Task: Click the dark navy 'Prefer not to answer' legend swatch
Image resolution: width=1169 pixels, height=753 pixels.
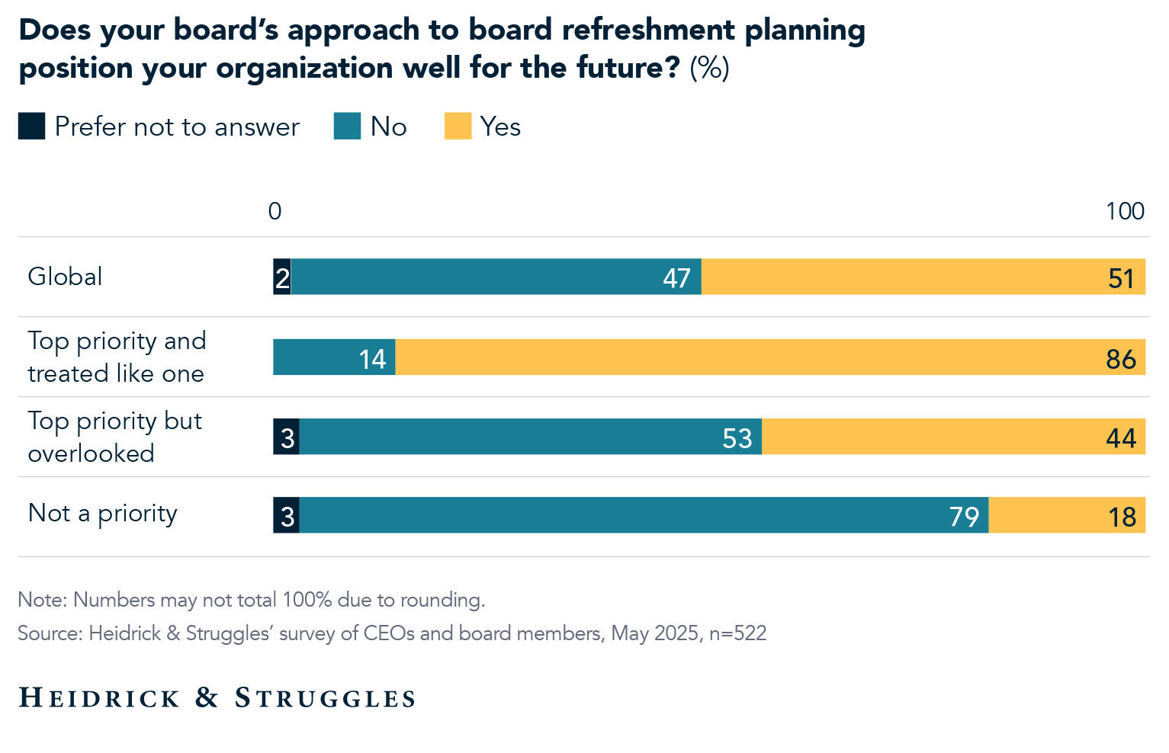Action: point(31,127)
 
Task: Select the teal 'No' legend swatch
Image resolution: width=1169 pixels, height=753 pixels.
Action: point(347,127)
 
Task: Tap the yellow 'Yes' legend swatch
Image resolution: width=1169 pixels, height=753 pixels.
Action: point(458,127)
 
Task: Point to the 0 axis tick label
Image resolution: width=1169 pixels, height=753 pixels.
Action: point(275,211)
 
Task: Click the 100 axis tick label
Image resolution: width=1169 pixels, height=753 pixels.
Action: point(1125,211)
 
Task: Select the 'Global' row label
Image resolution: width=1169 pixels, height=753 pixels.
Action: point(65,277)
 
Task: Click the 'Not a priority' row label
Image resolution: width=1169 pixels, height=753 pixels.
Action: point(102,514)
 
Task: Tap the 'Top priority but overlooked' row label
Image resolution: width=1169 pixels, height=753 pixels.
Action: point(114,437)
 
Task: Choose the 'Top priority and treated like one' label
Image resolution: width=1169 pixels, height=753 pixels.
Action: point(117,357)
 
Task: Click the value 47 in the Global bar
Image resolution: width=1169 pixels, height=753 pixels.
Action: point(676,278)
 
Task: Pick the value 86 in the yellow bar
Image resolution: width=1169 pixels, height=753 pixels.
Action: point(1121,359)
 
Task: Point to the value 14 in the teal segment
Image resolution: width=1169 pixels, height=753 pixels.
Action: point(372,359)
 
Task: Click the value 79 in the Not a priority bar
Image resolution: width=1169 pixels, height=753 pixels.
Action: point(964,517)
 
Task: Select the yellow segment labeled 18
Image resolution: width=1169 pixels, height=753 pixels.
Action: point(1067,515)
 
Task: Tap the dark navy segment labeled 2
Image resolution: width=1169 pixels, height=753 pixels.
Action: point(282,277)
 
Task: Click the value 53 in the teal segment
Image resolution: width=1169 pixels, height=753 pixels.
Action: point(737,438)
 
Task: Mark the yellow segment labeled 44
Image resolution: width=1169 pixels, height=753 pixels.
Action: point(953,437)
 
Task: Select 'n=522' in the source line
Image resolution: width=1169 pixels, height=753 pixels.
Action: point(737,633)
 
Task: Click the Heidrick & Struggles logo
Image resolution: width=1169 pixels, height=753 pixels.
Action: point(217,697)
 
